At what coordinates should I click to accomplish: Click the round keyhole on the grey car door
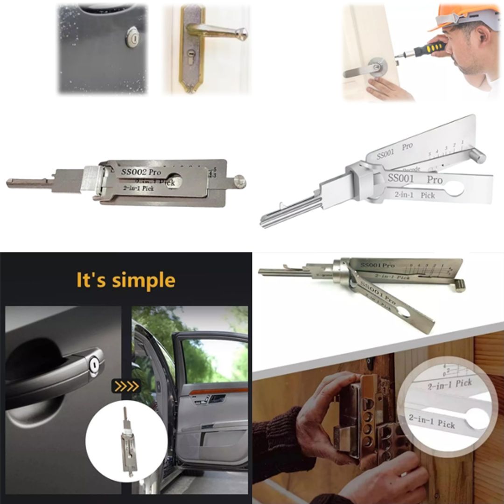click(133, 37)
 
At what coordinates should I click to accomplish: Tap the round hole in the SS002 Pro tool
click(174, 181)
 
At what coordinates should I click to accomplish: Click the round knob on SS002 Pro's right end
click(240, 181)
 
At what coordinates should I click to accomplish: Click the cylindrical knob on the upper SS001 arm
click(477, 156)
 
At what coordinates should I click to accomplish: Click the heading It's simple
click(126, 280)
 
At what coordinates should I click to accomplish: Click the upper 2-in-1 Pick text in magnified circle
click(450, 384)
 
